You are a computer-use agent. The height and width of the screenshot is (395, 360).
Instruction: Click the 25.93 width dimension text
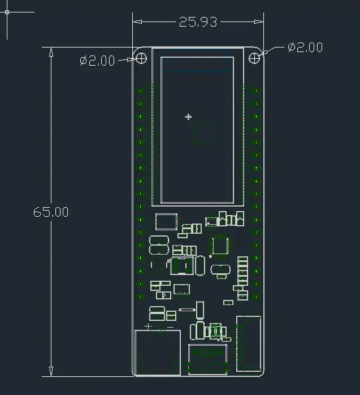click(x=198, y=22)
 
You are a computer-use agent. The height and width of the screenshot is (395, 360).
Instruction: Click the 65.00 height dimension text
click(x=51, y=212)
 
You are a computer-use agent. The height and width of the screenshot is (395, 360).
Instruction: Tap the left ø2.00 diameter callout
click(x=97, y=61)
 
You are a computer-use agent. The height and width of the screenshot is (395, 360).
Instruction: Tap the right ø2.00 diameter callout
click(x=305, y=48)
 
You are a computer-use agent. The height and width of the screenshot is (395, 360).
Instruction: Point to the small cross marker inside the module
click(x=188, y=117)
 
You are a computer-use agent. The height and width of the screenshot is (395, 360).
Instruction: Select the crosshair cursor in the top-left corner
click(x=7, y=12)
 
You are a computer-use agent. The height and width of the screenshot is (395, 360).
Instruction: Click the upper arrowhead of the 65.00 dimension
click(x=51, y=52)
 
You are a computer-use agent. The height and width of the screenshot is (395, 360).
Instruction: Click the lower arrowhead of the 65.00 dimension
click(x=51, y=372)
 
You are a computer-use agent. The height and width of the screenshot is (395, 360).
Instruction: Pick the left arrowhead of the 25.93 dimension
click(x=137, y=22)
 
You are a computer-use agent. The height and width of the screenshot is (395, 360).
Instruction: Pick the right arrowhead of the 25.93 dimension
click(x=259, y=22)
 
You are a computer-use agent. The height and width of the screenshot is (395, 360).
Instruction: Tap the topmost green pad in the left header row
click(x=140, y=91)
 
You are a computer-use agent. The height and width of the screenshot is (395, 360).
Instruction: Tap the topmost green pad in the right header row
click(x=256, y=91)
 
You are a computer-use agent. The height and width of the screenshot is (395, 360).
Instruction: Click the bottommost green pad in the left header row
click(x=140, y=297)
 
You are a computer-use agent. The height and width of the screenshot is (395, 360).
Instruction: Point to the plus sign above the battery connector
click(x=148, y=327)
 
